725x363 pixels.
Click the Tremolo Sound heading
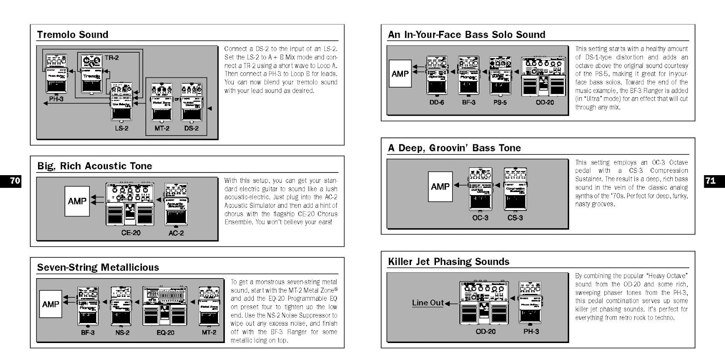coord(72,34)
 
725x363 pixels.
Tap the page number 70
coord(15,181)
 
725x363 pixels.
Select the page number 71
coord(710,181)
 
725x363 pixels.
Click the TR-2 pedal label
coord(111,58)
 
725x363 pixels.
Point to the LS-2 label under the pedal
coord(121,128)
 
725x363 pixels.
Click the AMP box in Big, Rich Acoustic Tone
coord(77,201)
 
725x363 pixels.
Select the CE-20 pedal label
coord(130,233)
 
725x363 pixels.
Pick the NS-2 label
coord(122,333)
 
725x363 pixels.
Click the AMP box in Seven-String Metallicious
coord(50,304)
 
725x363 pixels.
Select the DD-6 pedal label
coord(436,103)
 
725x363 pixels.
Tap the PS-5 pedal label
coord(500,103)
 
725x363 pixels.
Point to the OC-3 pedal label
coord(480,218)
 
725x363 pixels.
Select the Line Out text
coord(427,303)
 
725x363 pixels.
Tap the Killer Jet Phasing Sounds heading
coord(448,261)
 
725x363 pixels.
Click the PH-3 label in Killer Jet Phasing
coord(531,332)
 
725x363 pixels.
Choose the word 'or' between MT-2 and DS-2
coord(177,99)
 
